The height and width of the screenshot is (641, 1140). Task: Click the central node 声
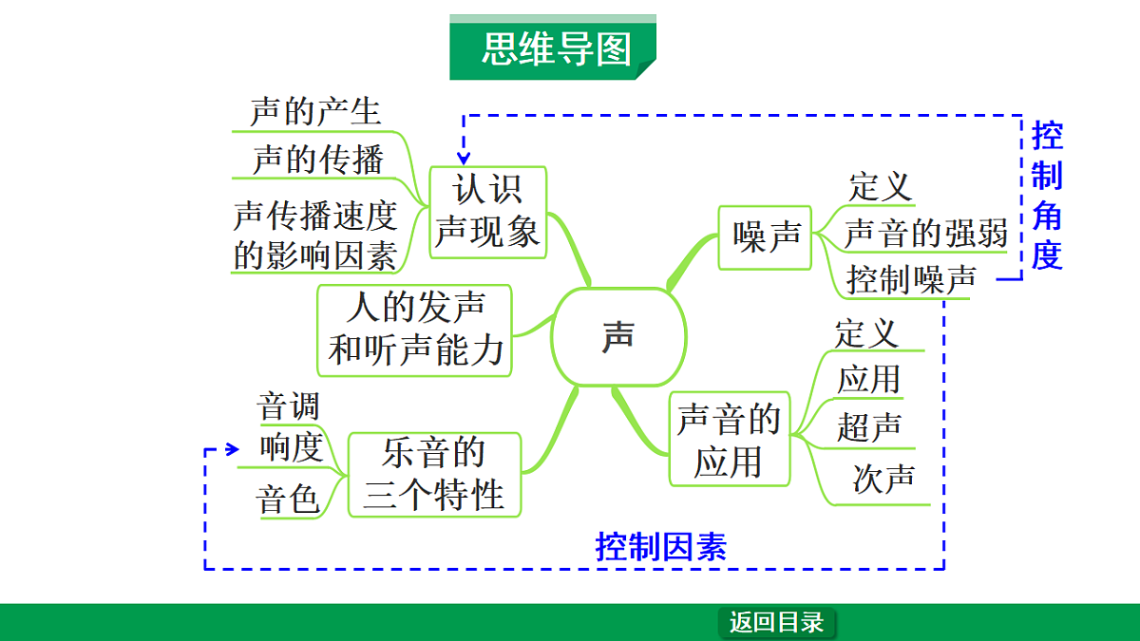pos(618,337)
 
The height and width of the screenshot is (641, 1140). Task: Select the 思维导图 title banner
pos(554,48)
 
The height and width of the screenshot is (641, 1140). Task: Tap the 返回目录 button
pos(776,623)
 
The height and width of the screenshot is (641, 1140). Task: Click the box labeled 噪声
pos(766,236)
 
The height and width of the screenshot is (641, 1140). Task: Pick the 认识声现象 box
pos(488,211)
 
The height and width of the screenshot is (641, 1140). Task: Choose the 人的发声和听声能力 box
pos(415,330)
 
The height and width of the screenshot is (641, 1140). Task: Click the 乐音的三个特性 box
pos(434,474)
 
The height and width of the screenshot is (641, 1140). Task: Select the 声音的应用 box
pos(729,440)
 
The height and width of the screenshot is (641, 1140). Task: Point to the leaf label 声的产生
pos(315,112)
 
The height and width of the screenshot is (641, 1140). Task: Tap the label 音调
pos(288,406)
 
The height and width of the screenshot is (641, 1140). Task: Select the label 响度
pos(291,448)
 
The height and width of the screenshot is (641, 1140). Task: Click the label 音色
pos(288,499)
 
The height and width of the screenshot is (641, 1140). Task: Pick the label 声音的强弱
pos(925,233)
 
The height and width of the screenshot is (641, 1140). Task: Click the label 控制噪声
pos(911,279)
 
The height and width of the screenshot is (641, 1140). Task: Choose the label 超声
pos(868,427)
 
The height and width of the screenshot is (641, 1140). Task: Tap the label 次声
pos(883,479)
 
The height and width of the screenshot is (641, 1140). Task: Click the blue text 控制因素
pos(661,547)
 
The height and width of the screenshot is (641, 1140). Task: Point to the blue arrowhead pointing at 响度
pos(232,449)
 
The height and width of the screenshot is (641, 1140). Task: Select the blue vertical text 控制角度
pos(1047,195)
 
